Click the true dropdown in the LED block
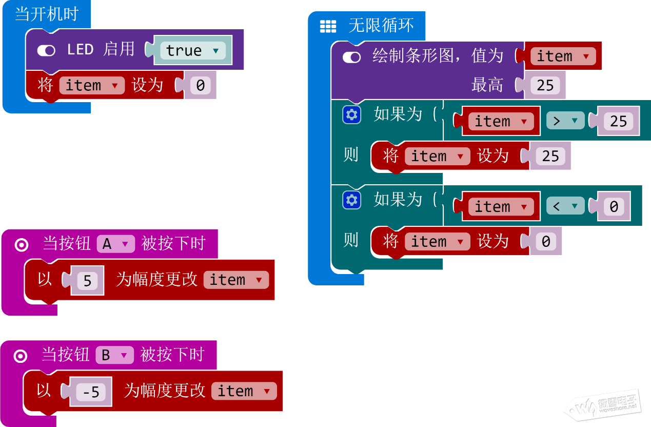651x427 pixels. tap(192, 50)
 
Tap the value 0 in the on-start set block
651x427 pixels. tap(200, 85)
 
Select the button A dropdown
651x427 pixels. tap(115, 244)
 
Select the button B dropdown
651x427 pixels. tap(114, 355)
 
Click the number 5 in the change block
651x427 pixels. tap(87, 280)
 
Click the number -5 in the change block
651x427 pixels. tap(91, 392)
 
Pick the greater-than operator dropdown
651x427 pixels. tap(565, 121)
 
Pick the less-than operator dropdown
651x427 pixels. tap(565, 206)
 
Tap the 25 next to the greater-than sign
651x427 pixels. tap(618, 121)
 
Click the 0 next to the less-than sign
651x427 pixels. tap(614, 206)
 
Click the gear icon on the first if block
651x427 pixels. tap(351, 114)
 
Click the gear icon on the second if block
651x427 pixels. tap(351, 200)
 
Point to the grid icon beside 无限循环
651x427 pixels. tap(328, 26)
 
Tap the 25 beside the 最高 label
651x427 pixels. tap(545, 85)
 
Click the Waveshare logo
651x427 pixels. tap(603, 405)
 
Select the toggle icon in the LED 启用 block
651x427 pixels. tap(46, 50)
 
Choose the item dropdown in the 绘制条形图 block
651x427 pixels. tap(562, 56)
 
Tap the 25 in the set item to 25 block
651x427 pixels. tap(550, 156)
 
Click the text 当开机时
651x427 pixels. tap(46, 14)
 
